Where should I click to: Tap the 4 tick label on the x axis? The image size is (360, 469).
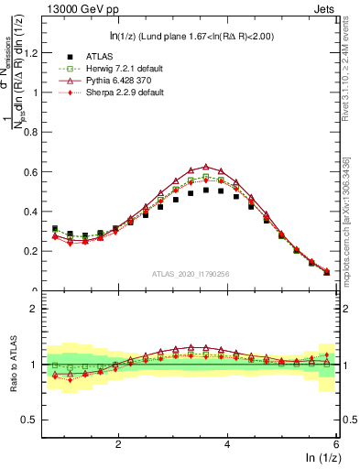227,443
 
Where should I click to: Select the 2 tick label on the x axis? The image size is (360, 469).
118,443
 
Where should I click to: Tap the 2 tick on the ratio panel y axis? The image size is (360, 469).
34,309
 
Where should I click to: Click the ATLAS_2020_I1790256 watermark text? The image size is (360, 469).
190,273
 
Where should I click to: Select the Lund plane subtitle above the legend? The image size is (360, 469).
191,36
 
